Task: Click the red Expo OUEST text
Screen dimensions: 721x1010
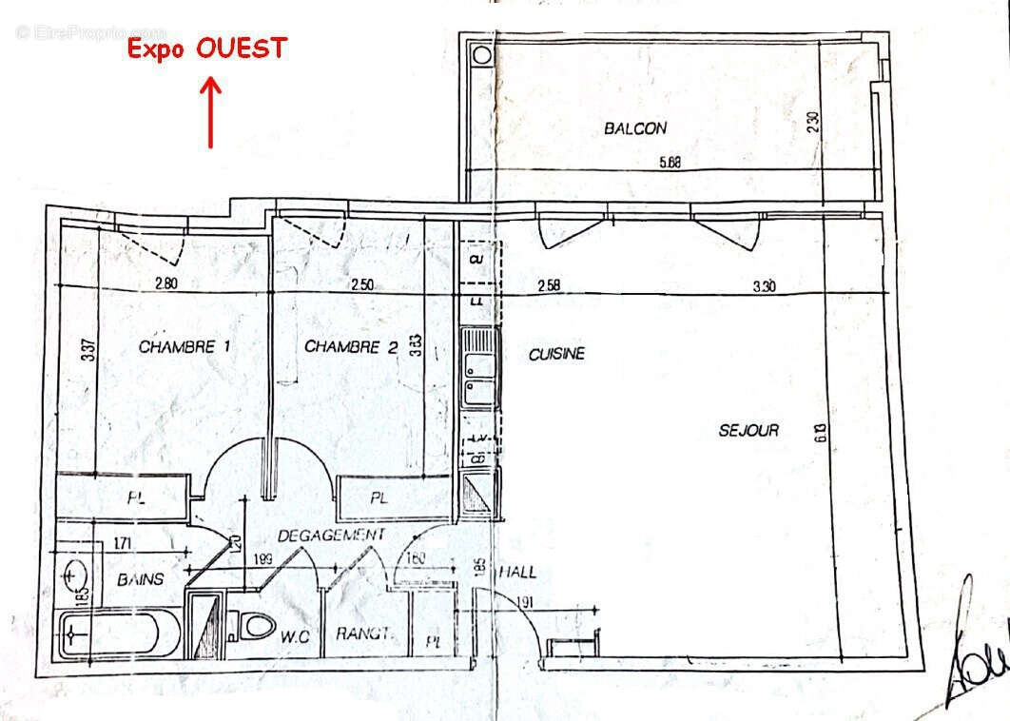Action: (x=207, y=49)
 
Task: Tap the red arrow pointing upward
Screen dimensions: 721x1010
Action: (x=210, y=113)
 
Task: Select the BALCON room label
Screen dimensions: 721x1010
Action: (x=635, y=128)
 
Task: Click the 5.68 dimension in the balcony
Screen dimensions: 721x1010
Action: (x=670, y=163)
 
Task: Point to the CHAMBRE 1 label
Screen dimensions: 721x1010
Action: (x=185, y=347)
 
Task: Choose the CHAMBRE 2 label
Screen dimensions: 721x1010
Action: (x=350, y=347)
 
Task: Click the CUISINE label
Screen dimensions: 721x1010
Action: (x=556, y=354)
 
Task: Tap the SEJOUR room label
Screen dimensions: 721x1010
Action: (x=748, y=430)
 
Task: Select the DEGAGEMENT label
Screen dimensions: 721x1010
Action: (x=331, y=535)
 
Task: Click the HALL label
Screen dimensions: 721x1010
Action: (x=517, y=573)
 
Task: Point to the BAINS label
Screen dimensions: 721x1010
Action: (x=140, y=579)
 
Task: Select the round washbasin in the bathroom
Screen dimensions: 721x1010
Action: (x=75, y=574)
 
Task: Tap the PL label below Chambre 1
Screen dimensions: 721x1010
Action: (x=135, y=497)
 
